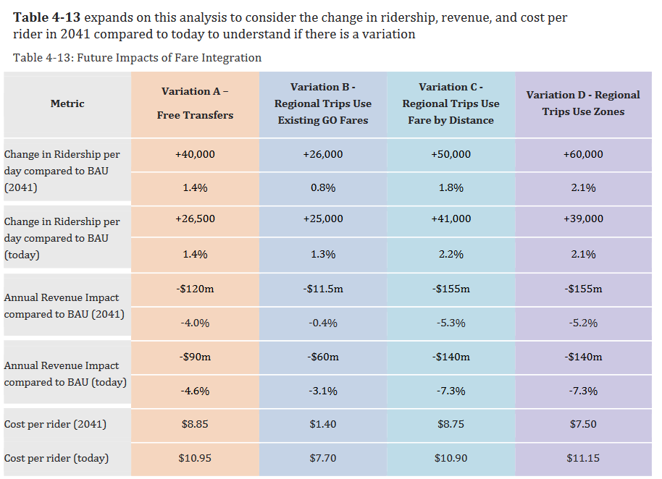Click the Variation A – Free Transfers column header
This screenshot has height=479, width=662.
coord(195,103)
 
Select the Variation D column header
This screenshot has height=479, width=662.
coord(583,103)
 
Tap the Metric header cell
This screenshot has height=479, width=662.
coord(67,103)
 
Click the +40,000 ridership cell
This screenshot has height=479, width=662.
coord(195,154)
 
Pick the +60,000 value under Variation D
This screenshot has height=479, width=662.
coord(583,154)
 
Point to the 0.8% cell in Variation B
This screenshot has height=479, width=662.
coord(323,187)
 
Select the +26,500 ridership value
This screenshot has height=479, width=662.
coord(195,219)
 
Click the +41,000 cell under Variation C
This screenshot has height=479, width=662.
coord(451,219)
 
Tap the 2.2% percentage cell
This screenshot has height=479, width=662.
coord(451,254)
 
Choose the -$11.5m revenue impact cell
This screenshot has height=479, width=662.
coord(323,289)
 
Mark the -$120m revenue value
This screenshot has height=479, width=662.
coord(195,289)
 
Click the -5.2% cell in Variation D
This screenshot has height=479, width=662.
coord(583,323)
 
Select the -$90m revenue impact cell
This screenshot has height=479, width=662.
coord(195,357)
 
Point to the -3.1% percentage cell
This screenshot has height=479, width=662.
coord(323,391)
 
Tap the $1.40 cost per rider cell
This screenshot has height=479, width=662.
coord(323,424)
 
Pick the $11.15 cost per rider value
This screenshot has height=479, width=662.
coord(583,458)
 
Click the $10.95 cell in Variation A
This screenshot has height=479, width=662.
coord(195,458)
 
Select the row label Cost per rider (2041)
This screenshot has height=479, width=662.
coord(56,424)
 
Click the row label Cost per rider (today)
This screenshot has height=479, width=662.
coord(56,458)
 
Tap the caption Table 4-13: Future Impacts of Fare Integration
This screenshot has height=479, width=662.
coord(138,58)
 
